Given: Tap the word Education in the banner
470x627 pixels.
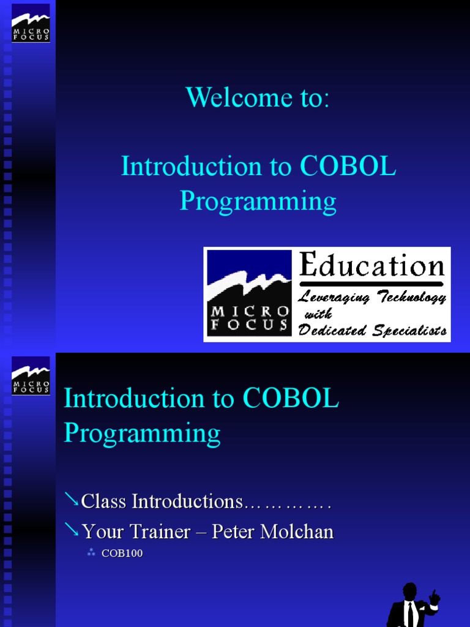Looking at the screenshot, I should [x=371, y=266].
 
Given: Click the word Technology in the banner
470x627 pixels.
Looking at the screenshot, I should [x=411, y=298].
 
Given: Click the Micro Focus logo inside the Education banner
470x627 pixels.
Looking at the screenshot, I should [x=248, y=295].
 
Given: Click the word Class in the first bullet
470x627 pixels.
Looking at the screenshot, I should [x=105, y=501].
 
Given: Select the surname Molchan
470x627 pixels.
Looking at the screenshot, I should [x=297, y=531].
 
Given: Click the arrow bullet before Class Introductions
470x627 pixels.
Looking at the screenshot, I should [x=72, y=501].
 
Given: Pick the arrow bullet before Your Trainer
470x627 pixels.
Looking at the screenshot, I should [x=72, y=531].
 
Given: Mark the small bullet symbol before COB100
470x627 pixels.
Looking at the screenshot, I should [x=91, y=554].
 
